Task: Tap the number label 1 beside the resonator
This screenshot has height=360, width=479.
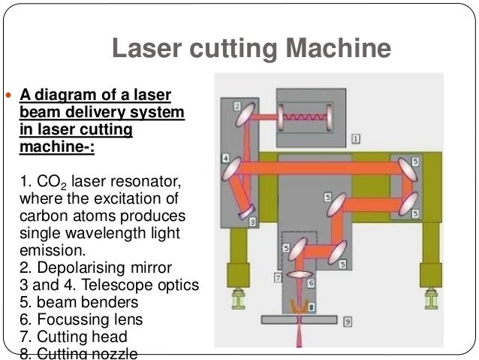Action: coord(356,138)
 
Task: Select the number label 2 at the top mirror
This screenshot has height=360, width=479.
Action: coord(236,106)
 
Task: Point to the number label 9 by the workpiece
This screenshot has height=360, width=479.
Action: coord(348,322)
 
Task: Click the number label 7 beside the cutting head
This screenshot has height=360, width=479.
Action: coord(277,278)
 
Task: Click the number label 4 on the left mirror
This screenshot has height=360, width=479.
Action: coord(225,158)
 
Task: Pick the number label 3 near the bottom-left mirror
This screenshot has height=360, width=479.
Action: coord(253,222)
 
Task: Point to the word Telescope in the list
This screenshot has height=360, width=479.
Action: coord(111,286)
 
